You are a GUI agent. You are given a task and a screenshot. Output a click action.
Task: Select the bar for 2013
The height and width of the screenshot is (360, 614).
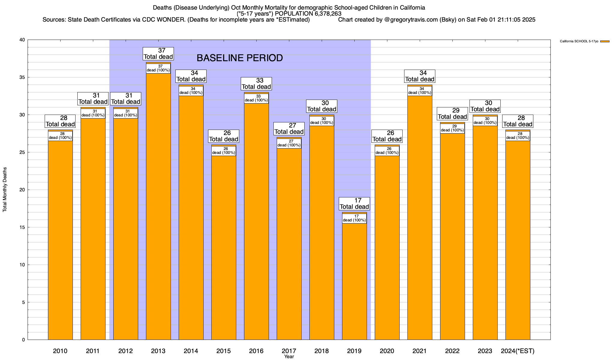click(158, 210)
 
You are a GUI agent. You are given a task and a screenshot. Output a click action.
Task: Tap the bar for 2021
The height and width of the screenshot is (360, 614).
click(420, 219)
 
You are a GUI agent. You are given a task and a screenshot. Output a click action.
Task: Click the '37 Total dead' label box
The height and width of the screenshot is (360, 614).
click(158, 54)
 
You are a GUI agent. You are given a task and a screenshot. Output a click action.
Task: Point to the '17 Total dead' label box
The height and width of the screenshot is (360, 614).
click(354, 204)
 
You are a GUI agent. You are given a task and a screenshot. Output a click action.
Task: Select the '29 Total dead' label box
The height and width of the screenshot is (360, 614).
click(452, 114)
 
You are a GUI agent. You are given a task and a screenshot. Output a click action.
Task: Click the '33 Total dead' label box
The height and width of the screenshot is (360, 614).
click(256, 84)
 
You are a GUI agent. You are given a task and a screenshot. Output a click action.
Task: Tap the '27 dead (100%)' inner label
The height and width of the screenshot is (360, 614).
click(289, 143)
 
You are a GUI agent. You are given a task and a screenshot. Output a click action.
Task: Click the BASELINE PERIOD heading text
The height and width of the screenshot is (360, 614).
click(240, 58)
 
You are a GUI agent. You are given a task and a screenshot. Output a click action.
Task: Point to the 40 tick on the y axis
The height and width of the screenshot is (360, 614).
click(22, 40)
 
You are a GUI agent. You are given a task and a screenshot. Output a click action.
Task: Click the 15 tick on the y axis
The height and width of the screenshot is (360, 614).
click(22, 227)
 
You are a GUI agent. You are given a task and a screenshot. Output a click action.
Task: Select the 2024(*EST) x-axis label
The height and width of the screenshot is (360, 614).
click(518, 351)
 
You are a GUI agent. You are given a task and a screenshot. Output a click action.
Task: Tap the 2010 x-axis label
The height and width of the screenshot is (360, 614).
click(60, 351)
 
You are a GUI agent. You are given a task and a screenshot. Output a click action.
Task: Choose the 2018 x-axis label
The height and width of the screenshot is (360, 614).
click(322, 351)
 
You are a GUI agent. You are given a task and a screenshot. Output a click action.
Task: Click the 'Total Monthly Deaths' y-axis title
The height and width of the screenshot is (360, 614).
click(5, 190)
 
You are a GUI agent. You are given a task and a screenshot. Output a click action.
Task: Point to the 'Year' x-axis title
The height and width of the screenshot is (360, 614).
click(289, 357)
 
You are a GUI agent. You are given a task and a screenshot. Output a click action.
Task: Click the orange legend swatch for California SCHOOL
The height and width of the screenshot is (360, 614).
click(605, 41)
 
